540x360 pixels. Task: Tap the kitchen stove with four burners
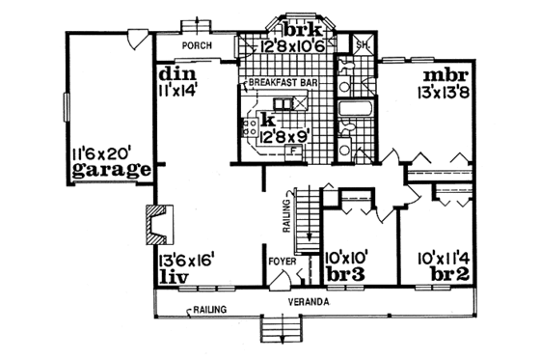pos(249,125)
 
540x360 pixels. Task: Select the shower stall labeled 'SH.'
pos(364,46)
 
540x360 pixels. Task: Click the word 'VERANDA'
pos(307,302)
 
